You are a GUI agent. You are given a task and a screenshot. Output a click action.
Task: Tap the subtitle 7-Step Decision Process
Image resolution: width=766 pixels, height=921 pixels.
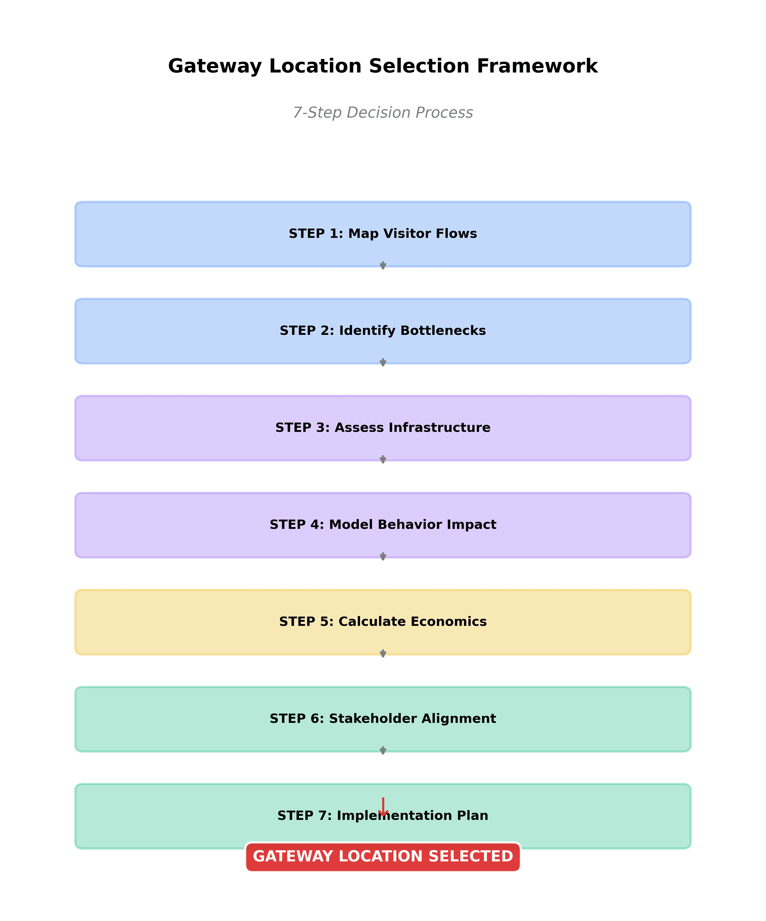(383, 113)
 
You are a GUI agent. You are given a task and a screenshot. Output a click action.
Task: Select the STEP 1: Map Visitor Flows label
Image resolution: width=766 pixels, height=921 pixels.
(383, 234)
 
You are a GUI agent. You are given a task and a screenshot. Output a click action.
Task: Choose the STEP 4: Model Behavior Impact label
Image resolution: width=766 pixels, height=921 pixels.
(383, 524)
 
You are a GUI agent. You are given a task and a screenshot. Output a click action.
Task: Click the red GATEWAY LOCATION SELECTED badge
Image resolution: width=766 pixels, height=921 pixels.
(383, 856)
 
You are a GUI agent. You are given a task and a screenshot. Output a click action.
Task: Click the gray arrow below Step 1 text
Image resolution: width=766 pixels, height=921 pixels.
(383, 265)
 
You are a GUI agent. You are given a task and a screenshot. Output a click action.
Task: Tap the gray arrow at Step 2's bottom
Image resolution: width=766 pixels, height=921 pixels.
(383, 362)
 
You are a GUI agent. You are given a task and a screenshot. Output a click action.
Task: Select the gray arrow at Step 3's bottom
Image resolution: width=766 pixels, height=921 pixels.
(383, 459)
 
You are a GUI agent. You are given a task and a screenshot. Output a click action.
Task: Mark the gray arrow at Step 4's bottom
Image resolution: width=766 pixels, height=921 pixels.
(383, 556)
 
